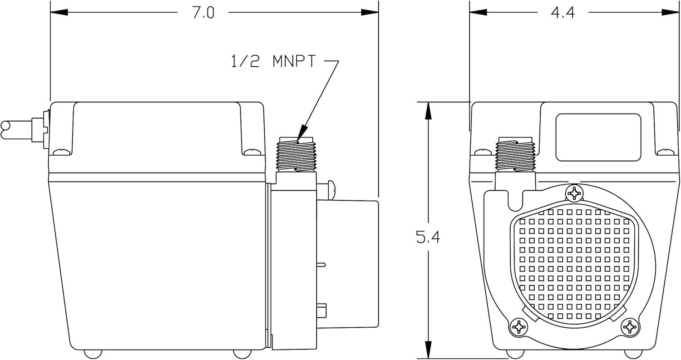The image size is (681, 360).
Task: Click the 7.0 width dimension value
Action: (x=203, y=13)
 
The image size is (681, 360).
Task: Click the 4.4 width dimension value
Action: (x=563, y=13)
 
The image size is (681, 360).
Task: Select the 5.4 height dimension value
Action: (x=428, y=237)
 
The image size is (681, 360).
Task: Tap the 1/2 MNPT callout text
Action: (x=273, y=61)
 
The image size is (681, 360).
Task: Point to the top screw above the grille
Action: (x=574, y=193)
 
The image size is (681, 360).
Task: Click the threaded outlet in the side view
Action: (x=296, y=154)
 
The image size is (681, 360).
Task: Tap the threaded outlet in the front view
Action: (x=515, y=154)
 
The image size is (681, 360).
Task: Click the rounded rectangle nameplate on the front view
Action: (x=598, y=137)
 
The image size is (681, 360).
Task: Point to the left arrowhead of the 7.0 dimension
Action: (x=59, y=12)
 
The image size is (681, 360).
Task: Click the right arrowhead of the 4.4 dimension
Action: (x=670, y=12)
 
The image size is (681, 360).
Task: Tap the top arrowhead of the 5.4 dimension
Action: (x=428, y=111)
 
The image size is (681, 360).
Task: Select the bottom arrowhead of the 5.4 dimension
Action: (x=428, y=350)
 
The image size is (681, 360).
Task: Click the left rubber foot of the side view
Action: (x=93, y=354)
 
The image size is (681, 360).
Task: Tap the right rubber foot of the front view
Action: (x=633, y=354)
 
